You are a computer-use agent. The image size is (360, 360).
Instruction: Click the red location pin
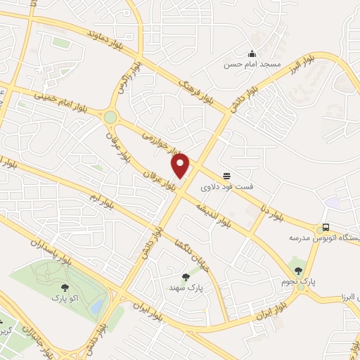(x=181, y=166)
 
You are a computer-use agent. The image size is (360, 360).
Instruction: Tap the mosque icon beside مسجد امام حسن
(x=252, y=54)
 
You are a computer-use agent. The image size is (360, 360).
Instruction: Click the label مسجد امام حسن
(x=252, y=65)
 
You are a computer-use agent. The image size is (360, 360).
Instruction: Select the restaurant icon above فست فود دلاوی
(x=226, y=176)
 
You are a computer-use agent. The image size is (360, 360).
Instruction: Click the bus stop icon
(x=325, y=228)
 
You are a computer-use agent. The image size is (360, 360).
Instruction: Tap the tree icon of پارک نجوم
(x=299, y=270)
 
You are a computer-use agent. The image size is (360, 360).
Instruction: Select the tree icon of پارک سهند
(x=186, y=277)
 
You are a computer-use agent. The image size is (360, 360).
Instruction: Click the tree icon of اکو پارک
(x=65, y=287)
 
